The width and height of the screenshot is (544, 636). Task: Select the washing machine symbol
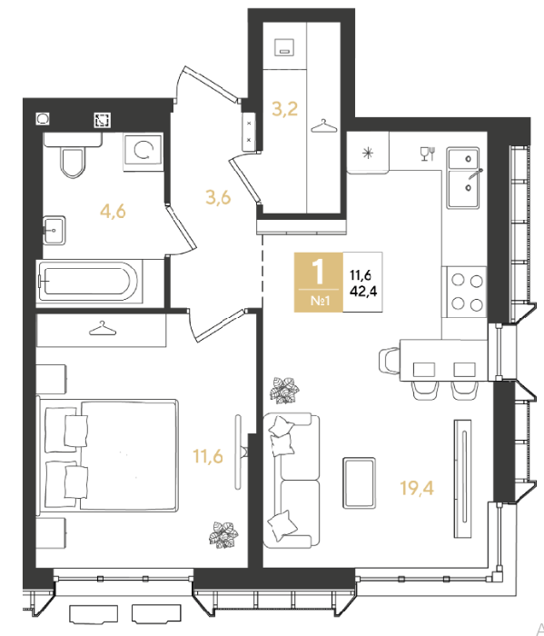tap(143, 152)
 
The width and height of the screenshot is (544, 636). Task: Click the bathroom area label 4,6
tap(114, 212)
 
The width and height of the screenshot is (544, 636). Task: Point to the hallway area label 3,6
tap(218, 197)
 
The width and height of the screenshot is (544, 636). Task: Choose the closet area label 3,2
tap(285, 109)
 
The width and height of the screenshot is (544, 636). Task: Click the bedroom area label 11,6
tap(208, 456)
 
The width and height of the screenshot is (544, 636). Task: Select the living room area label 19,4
tap(417, 488)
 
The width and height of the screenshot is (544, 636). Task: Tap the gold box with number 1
tap(319, 283)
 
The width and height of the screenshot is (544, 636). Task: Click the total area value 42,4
tap(363, 291)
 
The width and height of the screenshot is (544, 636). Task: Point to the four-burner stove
tap(467, 292)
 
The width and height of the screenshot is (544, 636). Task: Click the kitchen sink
tap(463, 178)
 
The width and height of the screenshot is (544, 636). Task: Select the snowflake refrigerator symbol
tap(368, 153)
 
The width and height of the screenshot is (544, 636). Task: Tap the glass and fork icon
tap(428, 154)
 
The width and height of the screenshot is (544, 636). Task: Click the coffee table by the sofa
tap(359, 482)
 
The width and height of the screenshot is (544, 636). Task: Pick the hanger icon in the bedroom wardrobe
tap(103, 329)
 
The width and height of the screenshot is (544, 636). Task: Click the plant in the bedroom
tap(223, 534)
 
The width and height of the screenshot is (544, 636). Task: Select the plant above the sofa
tap(284, 390)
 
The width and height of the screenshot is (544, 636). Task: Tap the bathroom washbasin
tap(54, 231)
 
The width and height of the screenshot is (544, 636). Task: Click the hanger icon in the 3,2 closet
tap(324, 126)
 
